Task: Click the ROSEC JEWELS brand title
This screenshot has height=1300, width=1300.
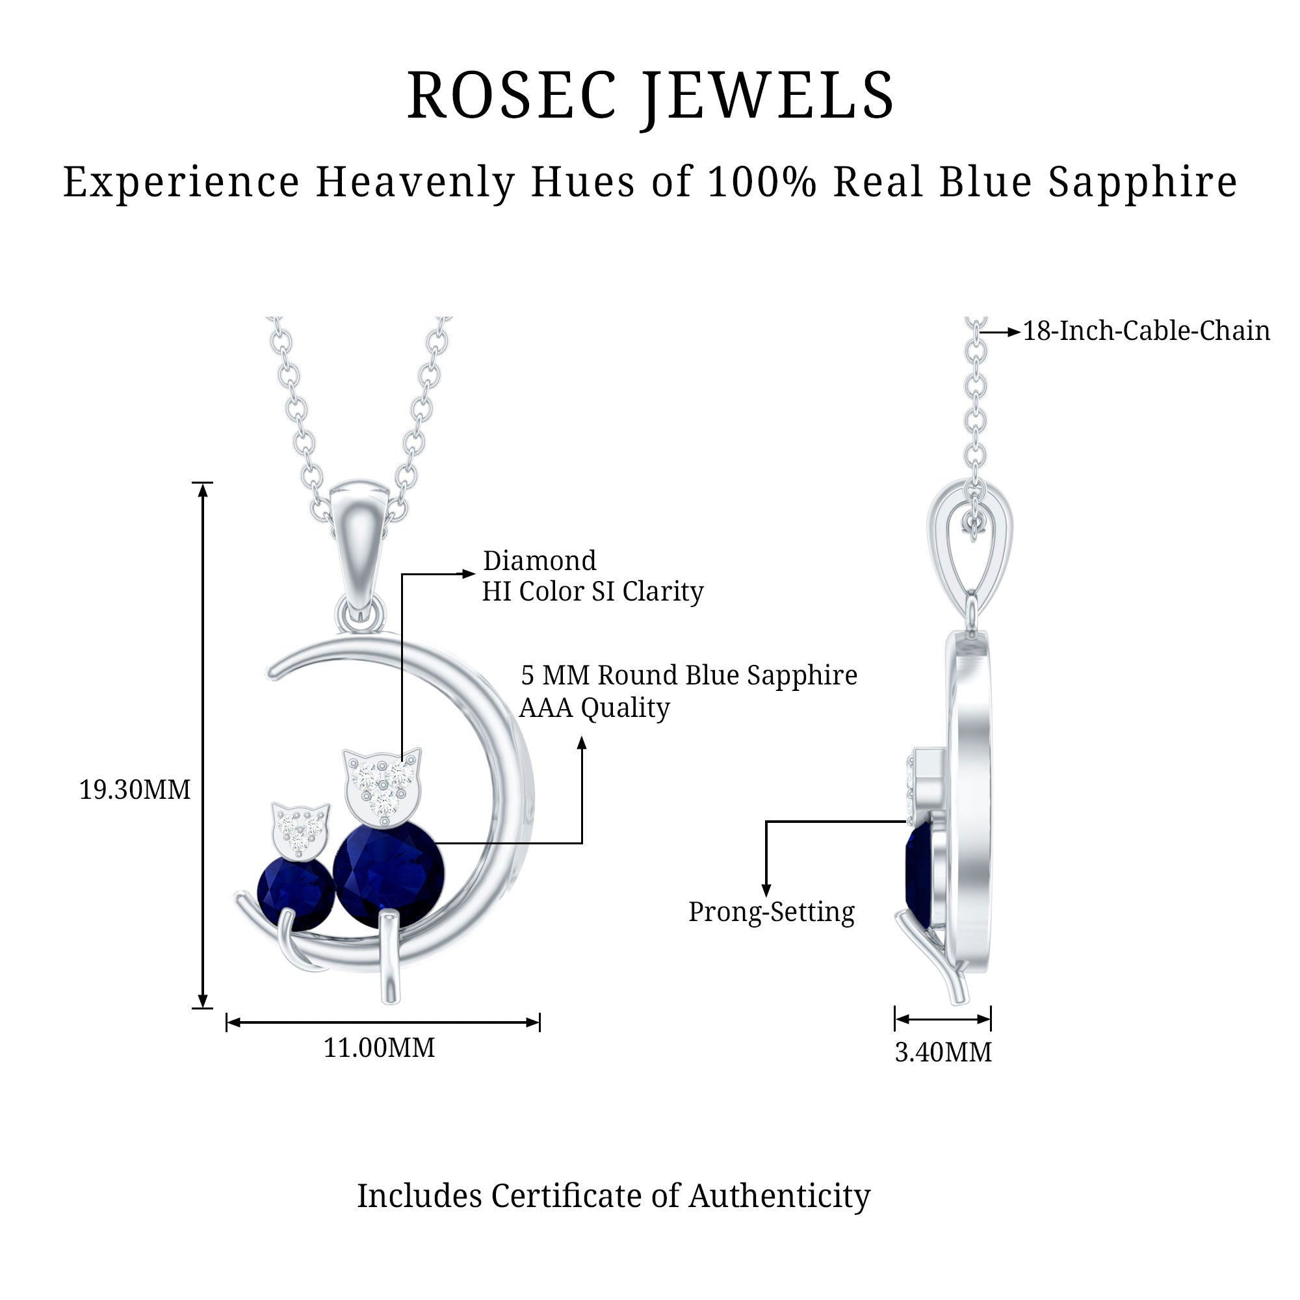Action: tap(650, 96)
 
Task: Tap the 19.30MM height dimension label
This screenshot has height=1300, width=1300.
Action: tap(135, 789)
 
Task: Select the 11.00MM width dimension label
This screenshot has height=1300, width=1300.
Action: tap(380, 1048)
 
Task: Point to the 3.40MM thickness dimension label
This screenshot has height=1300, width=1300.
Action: tap(943, 1052)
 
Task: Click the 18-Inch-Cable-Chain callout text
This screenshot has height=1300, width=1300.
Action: tap(1147, 330)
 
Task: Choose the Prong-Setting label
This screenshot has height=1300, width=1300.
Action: tap(771, 913)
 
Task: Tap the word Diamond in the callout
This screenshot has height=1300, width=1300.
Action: tap(539, 560)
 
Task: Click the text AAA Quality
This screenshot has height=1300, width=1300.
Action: tap(595, 708)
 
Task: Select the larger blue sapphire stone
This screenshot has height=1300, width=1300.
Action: tap(388, 873)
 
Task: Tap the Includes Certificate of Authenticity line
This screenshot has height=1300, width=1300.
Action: tap(614, 1196)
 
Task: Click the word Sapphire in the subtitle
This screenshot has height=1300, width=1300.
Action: tap(1143, 183)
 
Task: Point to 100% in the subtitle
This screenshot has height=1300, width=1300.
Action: tap(762, 182)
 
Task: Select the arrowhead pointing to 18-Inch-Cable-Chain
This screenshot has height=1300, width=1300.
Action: tap(1015, 331)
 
